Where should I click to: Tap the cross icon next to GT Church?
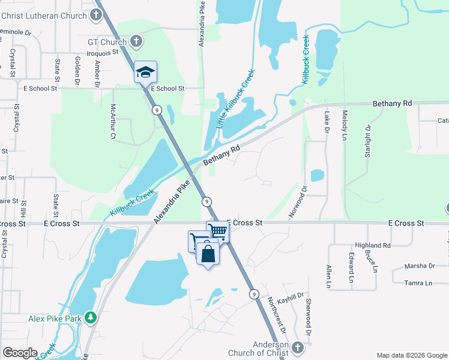136,42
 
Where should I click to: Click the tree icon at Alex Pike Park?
90,317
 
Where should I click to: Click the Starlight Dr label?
368,142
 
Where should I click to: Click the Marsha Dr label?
420,266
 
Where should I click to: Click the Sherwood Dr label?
309,317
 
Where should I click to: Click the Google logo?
20,353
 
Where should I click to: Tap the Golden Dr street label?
77,70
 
